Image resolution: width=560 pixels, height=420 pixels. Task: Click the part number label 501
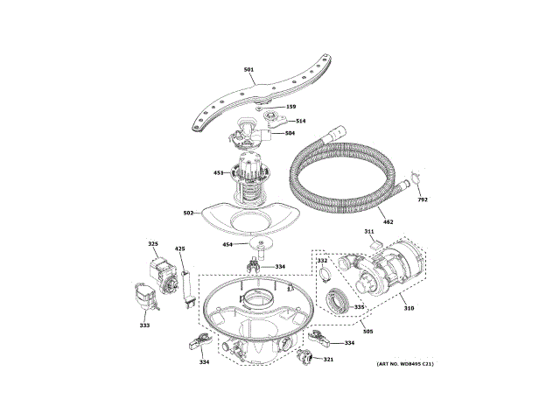click(248, 69)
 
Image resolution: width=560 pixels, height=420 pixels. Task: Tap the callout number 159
click(290, 108)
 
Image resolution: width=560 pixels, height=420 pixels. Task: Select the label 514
click(300, 121)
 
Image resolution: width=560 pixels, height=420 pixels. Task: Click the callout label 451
click(219, 172)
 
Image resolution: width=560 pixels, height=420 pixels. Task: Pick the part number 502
click(188, 213)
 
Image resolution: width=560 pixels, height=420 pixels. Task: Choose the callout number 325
click(152, 244)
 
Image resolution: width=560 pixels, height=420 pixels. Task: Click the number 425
click(180, 249)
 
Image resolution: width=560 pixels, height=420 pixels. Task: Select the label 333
click(143, 325)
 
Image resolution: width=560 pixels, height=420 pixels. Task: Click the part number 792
click(423, 200)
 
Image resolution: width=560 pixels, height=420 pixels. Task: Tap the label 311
click(369, 232)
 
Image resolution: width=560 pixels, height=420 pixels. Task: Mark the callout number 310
click(408, 307)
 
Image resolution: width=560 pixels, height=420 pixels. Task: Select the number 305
click(367, 332)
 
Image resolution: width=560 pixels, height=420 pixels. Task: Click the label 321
click(328, 360)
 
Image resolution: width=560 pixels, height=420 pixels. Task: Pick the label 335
click(359, 307)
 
